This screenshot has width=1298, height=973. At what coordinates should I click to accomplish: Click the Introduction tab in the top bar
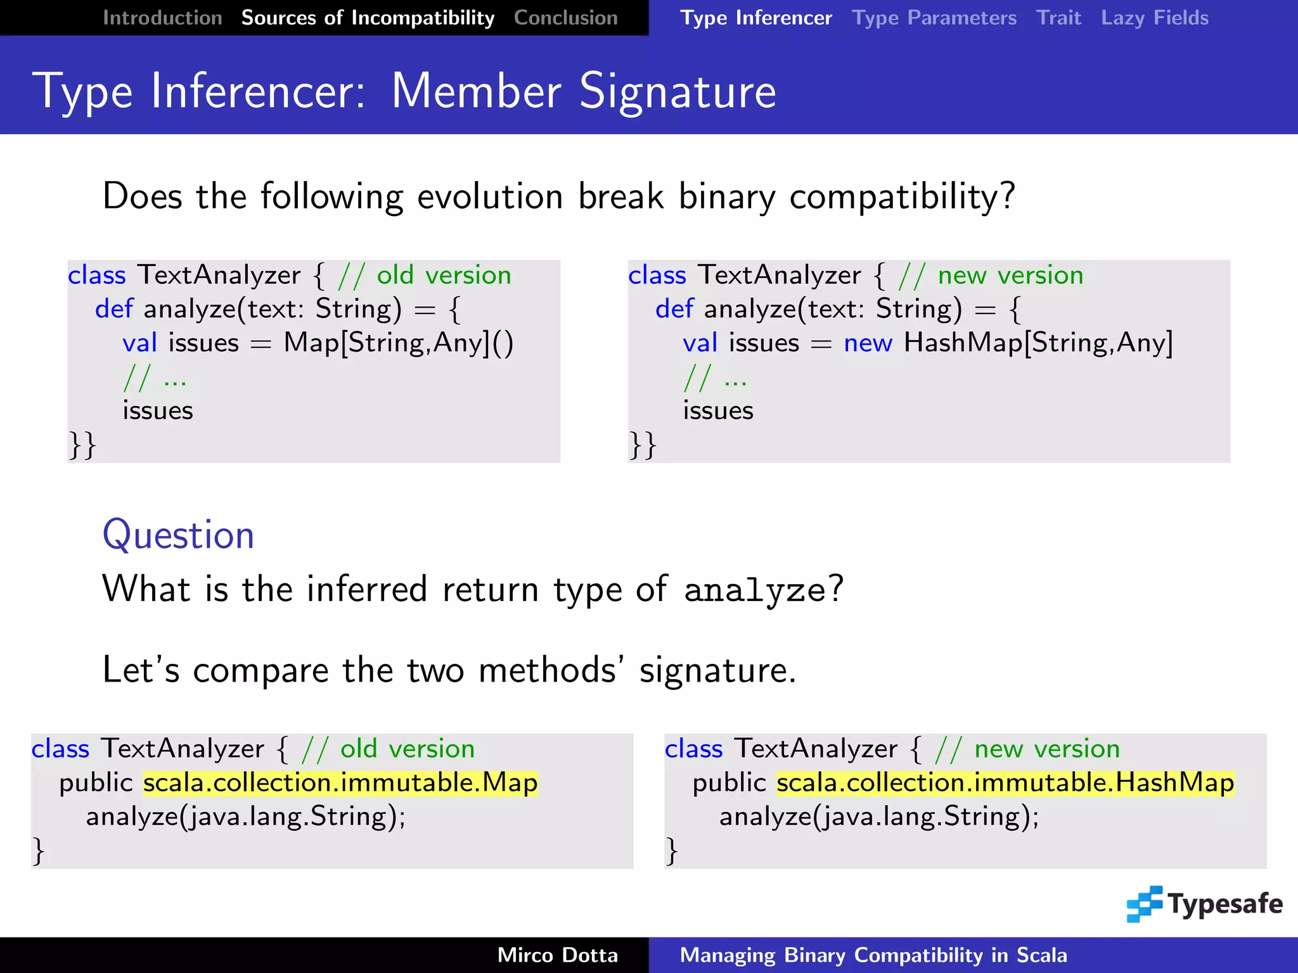162,18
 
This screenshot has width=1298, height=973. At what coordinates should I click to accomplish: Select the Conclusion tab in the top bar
565,18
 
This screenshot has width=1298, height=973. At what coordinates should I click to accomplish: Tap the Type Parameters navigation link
934,18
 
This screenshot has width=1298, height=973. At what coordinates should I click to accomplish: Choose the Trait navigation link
1058,18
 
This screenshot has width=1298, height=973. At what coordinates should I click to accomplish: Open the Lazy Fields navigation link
1154,18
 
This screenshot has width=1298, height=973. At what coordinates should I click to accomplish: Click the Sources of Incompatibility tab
368,18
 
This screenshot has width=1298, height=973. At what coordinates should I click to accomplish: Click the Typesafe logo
1204,904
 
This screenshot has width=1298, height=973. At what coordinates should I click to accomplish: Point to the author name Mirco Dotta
557,955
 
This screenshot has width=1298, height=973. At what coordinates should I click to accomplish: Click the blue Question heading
178,535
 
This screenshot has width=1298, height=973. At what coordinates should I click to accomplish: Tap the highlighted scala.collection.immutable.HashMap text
1005,783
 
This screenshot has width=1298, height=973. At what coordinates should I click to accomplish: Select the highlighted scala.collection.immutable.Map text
340,783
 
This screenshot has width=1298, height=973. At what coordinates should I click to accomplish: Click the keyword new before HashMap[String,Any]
868,343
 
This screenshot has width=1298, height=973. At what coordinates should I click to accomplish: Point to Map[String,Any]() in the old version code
398,343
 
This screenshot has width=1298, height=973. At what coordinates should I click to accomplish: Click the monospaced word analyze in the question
755,590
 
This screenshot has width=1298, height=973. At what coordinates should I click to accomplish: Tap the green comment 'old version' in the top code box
444,276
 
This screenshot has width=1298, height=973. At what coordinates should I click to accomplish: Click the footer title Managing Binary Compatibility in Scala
873,955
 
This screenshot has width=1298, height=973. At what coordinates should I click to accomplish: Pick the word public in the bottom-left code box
96,783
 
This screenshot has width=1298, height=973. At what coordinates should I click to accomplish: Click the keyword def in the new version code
674,309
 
